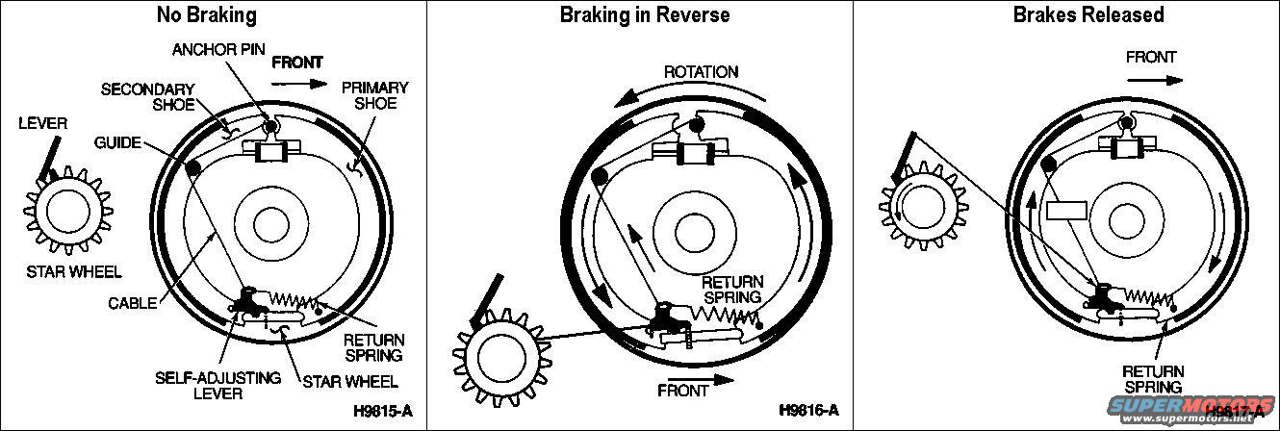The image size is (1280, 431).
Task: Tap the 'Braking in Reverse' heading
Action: pyautogui.click(x=645, y=14)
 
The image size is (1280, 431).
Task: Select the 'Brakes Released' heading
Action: pyautogui.click(x=1074, y=14)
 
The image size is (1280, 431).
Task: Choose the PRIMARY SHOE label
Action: pyautogui.click(x=374, y=94)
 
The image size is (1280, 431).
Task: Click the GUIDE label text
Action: pyautogui.click(x=117, y=142)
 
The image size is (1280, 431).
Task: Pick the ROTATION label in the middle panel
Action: pyautogui.click(x=700, y=72)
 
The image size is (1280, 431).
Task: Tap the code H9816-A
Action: pyautogui.click(x=808, y=411)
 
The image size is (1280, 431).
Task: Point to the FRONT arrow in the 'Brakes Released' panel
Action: pyautogui.click(x=1152, y=79)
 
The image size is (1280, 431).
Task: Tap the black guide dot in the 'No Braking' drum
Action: pyautogui.click(x=192, y=166)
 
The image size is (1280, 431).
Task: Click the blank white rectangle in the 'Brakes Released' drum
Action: pyautogui.click(x=1067, y=210)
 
